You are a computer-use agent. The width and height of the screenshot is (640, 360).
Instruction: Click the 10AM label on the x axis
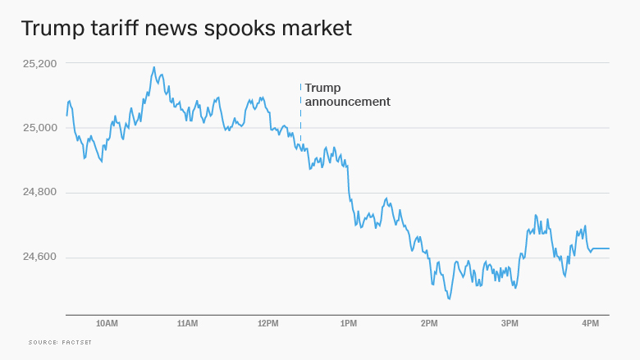pyautogui.click(x=107, y=324)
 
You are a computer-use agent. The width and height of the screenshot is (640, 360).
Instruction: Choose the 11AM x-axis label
pyautogui.click(x=187, y=324)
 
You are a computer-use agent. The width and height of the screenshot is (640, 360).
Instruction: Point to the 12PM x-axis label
pyautogui.click(x=267, y=324)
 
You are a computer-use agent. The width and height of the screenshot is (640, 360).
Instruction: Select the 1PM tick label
pyautogui.click(x=349, y=324)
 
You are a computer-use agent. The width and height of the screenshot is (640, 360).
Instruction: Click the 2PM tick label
pyautogui.click(x=429, y=324)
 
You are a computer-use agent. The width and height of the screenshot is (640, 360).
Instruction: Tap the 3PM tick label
pyautogui.click(x=510, y=324)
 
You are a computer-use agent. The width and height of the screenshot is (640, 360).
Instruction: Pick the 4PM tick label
pyautogui.click(x=590, y=324)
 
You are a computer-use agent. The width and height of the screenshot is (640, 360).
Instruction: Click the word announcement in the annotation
pyautogui.click(x=347, y=102)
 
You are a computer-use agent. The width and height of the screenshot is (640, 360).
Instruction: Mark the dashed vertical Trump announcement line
pyautogui.click(x=300, y=115)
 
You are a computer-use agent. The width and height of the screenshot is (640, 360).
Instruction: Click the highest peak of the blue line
pyautogui.click(x=153, y=68)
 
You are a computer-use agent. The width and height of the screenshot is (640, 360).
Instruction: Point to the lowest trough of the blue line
pyautogui.click(x=449, y=298)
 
